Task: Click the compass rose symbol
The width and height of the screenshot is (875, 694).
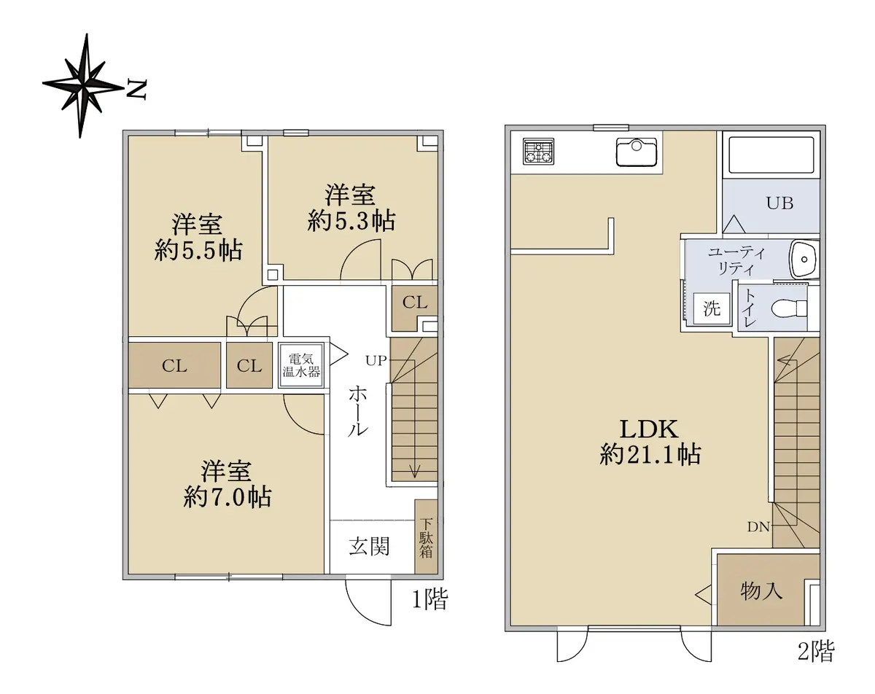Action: coord(82,86)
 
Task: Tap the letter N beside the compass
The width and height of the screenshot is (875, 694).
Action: coord(136,90)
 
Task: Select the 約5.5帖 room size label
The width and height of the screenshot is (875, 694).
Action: coord(198,249)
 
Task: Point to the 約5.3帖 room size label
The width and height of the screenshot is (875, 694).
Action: coord(351,221)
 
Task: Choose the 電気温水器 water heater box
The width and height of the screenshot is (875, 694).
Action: coord(301,366)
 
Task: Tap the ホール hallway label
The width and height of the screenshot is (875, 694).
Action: coord(358,411)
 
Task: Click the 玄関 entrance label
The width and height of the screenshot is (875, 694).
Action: coord(369,546)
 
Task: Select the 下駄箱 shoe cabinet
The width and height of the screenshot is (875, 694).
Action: coord(426,537)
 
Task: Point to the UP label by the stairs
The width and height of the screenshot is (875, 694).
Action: coord(376,360)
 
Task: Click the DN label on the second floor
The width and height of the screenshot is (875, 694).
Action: coord(759,527)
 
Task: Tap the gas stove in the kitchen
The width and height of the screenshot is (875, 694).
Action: coord(539,151)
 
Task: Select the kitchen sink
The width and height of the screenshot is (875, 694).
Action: coord(637,152)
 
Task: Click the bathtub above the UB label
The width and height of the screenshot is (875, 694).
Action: coord(771,155)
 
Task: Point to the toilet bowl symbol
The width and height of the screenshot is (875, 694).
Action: coord(789,308)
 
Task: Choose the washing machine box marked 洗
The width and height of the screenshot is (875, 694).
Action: coord(712,308)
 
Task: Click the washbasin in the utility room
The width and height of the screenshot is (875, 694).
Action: coord(804,260)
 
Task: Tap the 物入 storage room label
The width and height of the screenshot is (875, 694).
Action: coord(761,590)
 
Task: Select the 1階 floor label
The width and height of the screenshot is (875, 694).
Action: coord(430,599)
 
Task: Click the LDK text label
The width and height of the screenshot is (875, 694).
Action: coord(649,429)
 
